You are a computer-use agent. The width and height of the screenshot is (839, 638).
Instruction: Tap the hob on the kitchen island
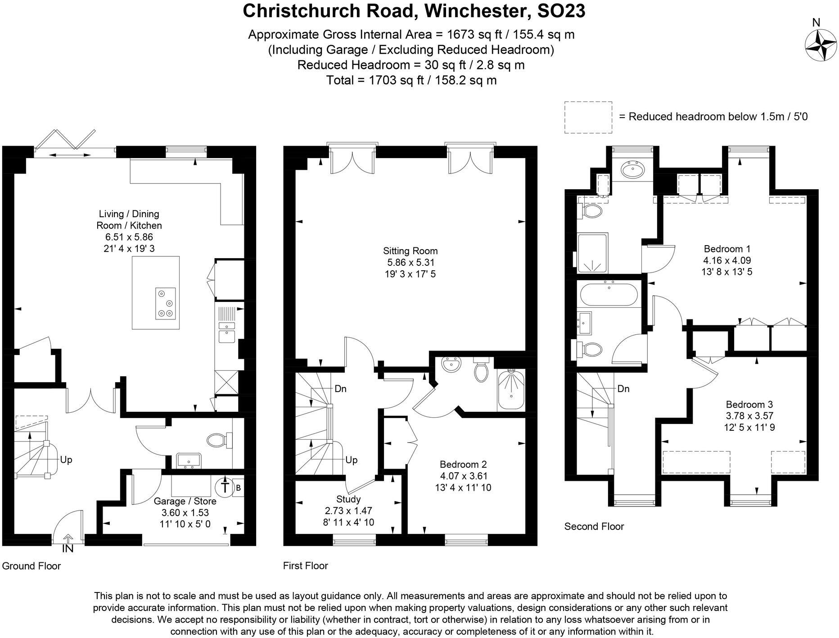coord(165,303)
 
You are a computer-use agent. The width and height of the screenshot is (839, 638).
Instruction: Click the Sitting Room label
coord(410,251)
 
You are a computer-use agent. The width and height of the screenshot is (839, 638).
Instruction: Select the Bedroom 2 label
coord(463,464)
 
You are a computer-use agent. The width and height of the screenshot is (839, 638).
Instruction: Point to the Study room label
coord(348,499)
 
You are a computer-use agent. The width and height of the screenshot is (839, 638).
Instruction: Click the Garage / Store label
coord(185,501)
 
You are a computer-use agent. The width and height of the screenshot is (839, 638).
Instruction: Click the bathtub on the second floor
coord(608,295)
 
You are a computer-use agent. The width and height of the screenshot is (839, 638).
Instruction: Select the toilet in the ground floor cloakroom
coord(219,440)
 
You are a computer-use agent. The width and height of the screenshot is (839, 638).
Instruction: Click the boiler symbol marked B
coord(239,488)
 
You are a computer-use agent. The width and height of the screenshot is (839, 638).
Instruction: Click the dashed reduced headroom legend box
coord(588,117)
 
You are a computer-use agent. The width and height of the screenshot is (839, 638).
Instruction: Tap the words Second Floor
coord(594,526)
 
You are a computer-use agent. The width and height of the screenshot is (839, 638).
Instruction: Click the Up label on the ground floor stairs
coord(66,460)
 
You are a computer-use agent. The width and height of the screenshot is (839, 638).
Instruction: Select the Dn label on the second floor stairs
coord(623,388)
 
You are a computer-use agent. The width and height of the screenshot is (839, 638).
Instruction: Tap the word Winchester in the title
coord(475,11)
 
